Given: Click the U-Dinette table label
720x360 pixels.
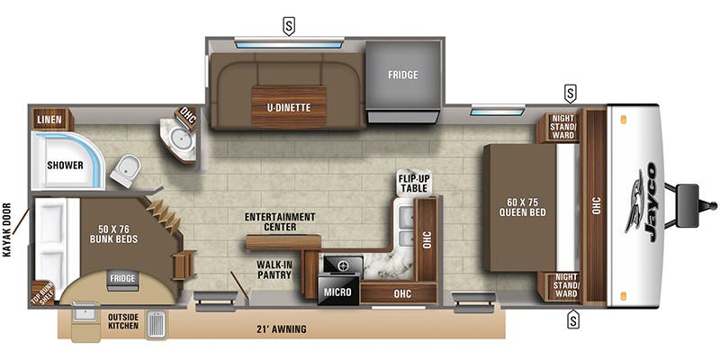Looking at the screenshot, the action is point(289,108).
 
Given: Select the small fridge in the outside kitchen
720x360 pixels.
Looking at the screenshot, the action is point(122,280).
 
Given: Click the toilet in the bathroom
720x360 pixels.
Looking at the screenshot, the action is point(125,170).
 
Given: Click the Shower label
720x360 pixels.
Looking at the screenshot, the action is point(65,166).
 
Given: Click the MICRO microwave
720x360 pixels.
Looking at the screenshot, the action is point(338,290).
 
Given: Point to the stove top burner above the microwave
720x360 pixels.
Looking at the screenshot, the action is point(342,265).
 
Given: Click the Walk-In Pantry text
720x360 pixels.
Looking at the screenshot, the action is point(274,269).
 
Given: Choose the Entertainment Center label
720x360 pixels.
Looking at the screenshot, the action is point(280,221).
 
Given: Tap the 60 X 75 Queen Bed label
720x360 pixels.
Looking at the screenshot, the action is point(523,208).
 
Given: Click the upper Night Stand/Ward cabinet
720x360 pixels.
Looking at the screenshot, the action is point(559,126).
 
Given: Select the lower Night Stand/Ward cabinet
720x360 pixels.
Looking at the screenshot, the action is point(559,287).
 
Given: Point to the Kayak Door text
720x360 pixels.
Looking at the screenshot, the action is point(7,229).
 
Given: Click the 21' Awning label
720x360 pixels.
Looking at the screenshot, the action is point(282,328).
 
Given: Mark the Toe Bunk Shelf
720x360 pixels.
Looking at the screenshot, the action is point(42,293).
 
